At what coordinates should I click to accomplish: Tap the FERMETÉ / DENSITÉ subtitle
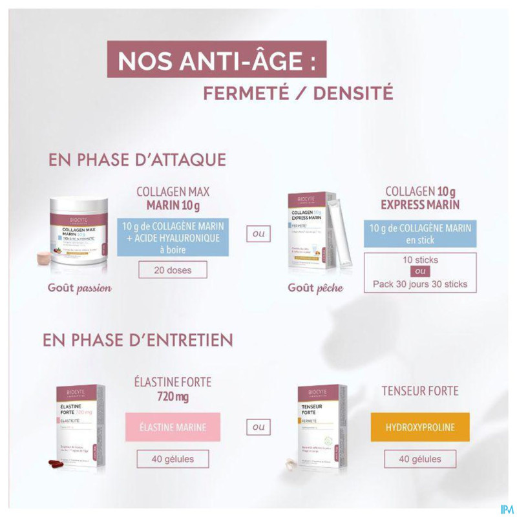click(298, 93)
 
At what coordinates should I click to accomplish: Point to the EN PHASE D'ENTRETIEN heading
click(138, 340)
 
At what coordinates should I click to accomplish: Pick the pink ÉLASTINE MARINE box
click(173, 428)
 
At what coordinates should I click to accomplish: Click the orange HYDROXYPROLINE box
click(420, 428)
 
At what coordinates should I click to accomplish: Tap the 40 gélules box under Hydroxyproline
click(421, 459)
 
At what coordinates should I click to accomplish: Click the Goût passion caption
click(78, 287)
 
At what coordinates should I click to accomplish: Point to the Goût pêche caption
click(316, 287)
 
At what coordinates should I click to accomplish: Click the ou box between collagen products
click(258, 234)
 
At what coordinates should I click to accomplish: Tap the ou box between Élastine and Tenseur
click(258, 427)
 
